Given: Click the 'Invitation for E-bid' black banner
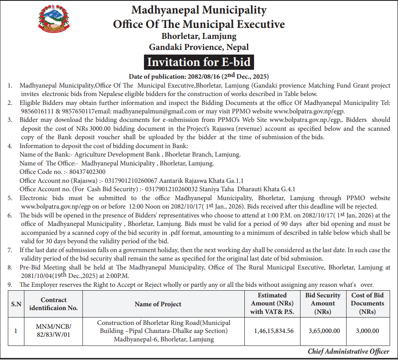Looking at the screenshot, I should (199, 62).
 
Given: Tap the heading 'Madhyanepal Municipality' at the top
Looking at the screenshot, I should (199, 10).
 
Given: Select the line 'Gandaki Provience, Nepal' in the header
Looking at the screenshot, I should (199, 47).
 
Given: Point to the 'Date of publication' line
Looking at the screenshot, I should (199, 77).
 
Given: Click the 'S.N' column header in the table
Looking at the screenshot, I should (16, 304).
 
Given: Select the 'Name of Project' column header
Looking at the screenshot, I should (158, 304).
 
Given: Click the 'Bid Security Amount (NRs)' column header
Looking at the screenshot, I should (323, 303).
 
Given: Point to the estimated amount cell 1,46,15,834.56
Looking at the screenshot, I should (274, 331).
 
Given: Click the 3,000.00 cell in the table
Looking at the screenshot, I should (367, 331).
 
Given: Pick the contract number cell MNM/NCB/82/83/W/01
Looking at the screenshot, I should (53, 331).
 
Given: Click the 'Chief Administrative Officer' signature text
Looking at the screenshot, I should (348, 352).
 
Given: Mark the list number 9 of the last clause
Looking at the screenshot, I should (10, 285).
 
